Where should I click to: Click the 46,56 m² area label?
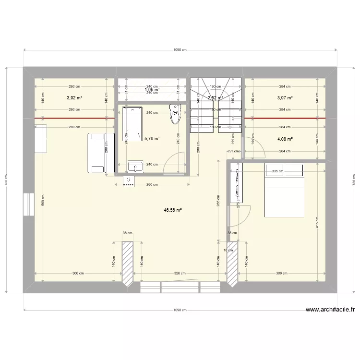(173, 210)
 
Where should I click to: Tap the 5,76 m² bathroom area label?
(152, 139)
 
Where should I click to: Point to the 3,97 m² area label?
(285, 98)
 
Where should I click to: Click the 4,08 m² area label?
(285, 139)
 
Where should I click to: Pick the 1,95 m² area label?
(152, 90)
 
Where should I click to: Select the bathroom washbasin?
(135, 167)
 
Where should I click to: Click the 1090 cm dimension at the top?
(180, 49)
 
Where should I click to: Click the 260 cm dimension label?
(152, 184)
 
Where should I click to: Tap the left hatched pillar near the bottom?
(127, 264)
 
